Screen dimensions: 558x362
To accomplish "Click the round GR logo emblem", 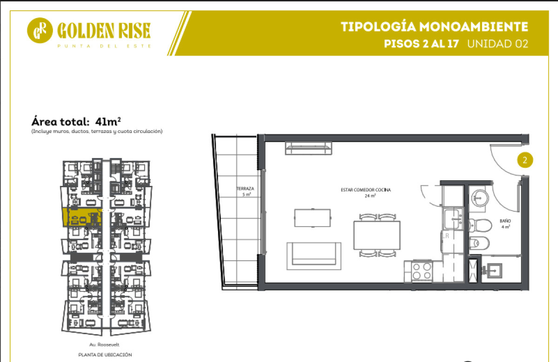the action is tap(40, 30).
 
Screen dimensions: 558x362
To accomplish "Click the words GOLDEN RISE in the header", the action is tap(104, 31).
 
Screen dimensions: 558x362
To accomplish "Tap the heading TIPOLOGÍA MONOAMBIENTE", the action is tap(434, 26).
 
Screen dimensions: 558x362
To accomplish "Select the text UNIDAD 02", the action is tap(498, 44).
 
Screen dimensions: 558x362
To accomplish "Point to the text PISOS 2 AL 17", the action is tap(421, 44).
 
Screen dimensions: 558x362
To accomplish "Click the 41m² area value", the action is tap(108, 122).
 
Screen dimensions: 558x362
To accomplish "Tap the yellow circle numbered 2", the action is tap(525, 160).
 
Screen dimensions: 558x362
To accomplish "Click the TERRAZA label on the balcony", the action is tap(246, 189).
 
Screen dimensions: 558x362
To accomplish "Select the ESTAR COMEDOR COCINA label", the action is tap(365, 190).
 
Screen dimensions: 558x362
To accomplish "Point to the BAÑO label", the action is tap(505, 221).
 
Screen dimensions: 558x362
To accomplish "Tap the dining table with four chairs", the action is tap(377, 235).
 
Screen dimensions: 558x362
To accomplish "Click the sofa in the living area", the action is tap(314, 256).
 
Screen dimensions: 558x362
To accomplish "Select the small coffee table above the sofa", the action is tap(312, 218).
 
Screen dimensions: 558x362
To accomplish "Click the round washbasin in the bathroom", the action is tap(480, 198).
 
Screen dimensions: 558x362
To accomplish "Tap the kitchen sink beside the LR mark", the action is tap(452, 219).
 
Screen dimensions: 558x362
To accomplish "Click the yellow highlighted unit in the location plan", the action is tap(82, 217).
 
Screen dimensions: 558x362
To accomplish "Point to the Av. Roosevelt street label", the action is tap(104, 344).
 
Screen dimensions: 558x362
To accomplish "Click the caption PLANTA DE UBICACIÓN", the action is tap(105, 355).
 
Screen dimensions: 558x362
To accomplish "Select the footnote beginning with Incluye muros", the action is tap(97, 131).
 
